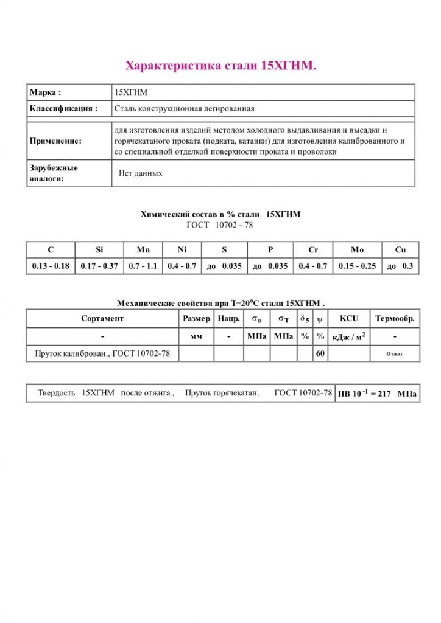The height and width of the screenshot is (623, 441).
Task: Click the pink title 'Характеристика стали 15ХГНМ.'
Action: (220, 65)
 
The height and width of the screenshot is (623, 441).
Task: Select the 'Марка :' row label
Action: (46, 92)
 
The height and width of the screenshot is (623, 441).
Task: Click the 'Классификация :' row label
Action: (63, 109)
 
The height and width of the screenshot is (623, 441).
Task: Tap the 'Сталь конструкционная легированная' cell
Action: (184, 109)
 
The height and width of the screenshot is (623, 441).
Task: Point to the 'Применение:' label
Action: (55, 141)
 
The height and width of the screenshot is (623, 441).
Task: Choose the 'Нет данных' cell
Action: (141, 173)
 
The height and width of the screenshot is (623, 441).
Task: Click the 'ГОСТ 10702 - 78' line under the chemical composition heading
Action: (219, 225)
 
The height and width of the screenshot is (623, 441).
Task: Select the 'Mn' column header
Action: (143, 250)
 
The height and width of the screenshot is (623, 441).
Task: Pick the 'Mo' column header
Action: (358, 250)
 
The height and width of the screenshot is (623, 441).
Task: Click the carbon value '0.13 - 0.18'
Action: (51, 266)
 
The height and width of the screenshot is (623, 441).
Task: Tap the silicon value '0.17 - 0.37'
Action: (99, 266)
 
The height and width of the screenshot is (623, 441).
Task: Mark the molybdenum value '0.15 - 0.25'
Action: (358, 266)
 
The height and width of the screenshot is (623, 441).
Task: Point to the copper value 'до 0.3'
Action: (400, 266)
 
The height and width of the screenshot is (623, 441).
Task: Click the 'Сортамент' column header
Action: (102, 318)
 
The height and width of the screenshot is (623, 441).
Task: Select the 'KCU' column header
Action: (349, 318)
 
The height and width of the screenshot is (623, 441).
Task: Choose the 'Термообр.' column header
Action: (395, 318)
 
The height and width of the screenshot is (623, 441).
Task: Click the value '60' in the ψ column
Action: (320, 353)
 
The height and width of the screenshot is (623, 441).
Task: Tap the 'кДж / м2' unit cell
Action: (349, 336)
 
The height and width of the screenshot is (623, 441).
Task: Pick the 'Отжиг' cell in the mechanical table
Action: (395, 353)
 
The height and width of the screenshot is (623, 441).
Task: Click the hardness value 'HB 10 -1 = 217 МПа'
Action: (378, 394)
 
